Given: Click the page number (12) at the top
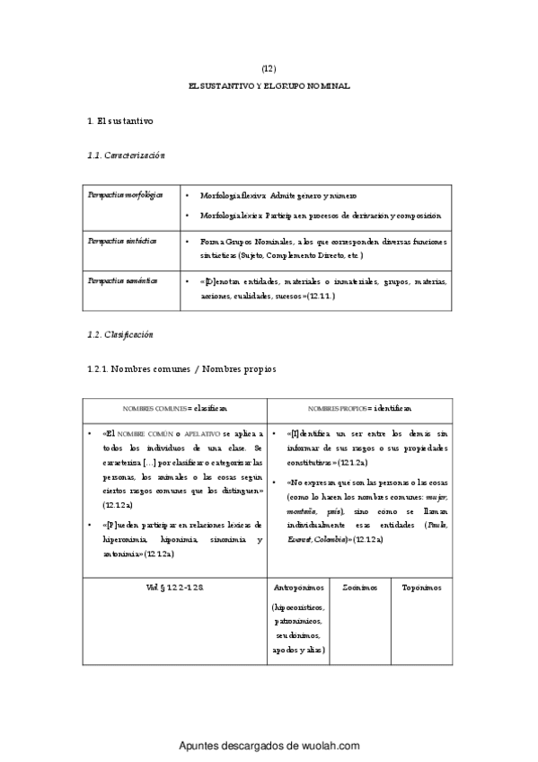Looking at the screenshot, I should click(269, 68).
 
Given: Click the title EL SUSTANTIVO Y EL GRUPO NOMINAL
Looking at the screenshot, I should click(269, 86).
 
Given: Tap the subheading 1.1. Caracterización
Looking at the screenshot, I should click(127, 155).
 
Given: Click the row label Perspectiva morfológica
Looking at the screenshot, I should click(125, 195).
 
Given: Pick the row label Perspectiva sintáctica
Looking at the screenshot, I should click(122, 241).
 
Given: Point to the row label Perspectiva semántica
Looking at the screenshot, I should click(122, 280).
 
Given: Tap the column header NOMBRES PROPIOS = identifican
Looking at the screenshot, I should click(360, 407).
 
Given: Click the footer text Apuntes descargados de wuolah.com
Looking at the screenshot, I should click(269, 746).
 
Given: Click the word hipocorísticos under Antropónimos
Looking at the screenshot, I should click(300, 607).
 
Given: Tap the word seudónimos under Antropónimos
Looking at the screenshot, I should click(300, 635).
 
